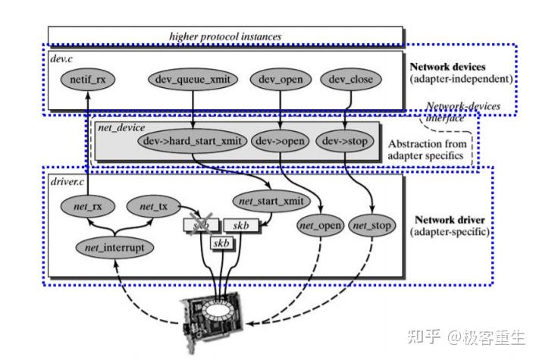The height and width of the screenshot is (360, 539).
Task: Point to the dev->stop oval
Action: pyautogui.click(x=345, y=142)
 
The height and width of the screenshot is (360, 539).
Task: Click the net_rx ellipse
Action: pyautogui.click(x=86, y=205)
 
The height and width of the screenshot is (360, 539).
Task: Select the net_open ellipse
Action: pyautogui.click(x=319, y=225)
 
